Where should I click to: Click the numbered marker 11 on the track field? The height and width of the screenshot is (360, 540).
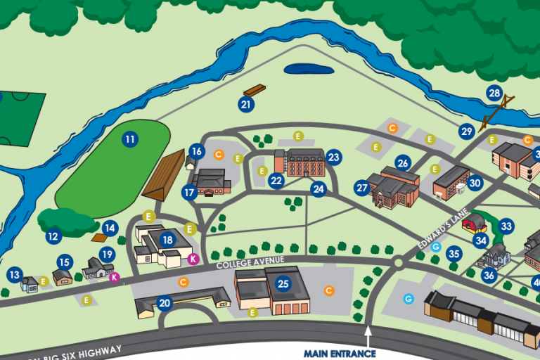pos(129,139)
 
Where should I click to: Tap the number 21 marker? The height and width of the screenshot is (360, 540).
pos(245,105)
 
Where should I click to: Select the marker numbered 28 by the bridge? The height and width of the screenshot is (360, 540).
pos(494,94)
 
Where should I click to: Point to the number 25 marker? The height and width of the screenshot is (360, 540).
pos(283,283)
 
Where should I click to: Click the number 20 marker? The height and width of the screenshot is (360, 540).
pos(165,303)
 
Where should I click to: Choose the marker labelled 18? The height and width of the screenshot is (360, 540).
pos(167,240)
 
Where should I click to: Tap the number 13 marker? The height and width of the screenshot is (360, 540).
pos(15,274)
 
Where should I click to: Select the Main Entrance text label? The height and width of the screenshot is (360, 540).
pos(340,353)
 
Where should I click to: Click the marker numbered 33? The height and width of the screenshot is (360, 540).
pos(506,226)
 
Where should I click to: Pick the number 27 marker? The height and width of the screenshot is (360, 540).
pos(362,188)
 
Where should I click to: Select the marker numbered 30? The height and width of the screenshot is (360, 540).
pos(475,183)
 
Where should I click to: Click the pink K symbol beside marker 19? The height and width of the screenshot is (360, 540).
pos(114,277)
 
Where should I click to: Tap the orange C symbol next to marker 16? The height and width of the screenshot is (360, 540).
pos(219,154)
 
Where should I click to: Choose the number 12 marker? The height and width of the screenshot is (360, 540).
pos(53,237)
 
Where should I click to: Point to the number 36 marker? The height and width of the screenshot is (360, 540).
pos(489,276)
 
